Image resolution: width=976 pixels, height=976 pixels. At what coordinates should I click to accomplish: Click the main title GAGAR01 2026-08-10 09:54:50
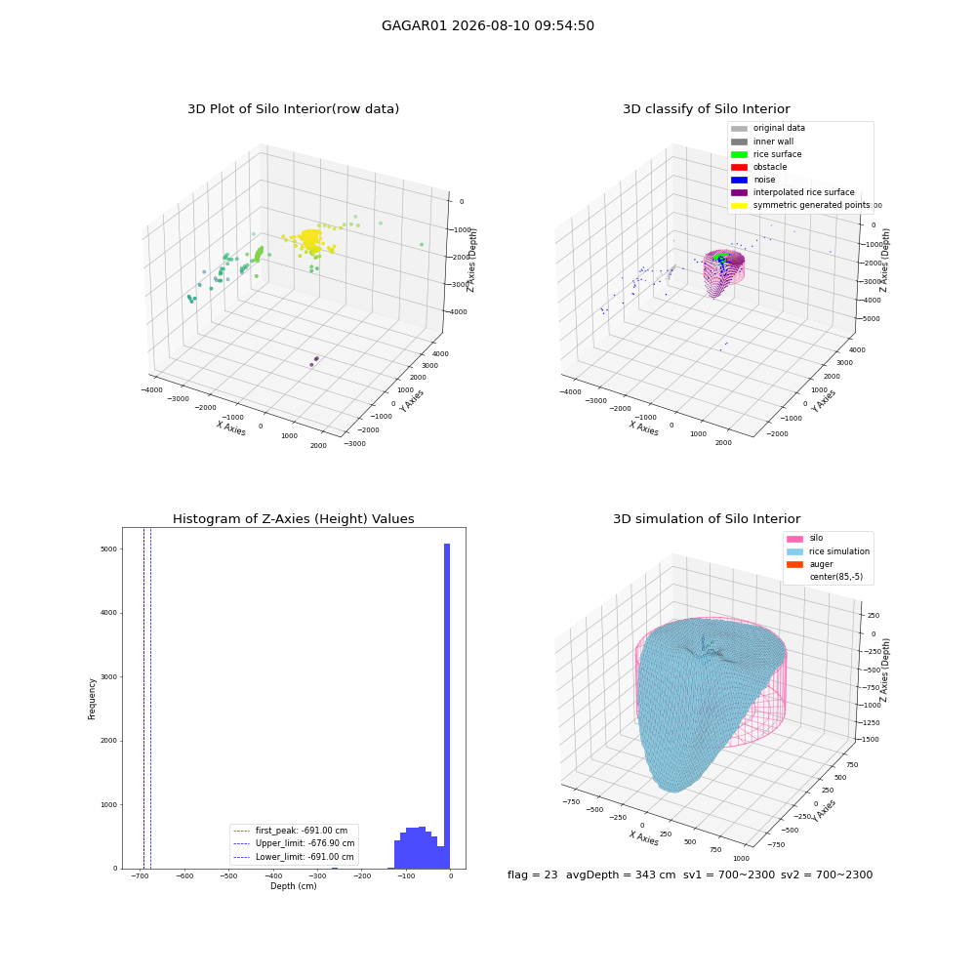[487, 25]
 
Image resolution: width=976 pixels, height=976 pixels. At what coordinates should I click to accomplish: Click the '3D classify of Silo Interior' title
[707, 109]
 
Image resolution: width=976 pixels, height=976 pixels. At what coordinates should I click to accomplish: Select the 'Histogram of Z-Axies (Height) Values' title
[293, 518]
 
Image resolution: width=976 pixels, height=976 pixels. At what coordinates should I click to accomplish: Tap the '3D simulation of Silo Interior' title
[707, 518]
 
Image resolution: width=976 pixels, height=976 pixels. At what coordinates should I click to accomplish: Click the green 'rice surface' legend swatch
[739, 154]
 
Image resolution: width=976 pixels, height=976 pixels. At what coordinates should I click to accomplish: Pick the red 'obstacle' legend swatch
[739, 167]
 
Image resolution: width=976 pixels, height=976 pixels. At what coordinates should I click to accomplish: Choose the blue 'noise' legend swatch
[739, 180]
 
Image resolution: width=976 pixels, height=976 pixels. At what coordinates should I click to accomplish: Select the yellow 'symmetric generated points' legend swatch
[739, 205]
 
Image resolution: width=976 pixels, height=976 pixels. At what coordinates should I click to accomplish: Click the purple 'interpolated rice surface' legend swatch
[739, 192]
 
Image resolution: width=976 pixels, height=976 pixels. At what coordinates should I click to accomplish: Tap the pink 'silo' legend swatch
[794, 539]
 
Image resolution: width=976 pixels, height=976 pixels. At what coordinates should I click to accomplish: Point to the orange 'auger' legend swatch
[794, 564]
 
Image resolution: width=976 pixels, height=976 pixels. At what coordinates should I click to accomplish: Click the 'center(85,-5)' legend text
[836, 577]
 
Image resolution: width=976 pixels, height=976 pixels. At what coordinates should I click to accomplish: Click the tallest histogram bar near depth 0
[447, 706]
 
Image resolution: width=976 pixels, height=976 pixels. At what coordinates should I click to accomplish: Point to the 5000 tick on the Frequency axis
[109, 549]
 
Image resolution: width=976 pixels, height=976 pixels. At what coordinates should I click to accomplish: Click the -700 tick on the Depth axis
[140, 875]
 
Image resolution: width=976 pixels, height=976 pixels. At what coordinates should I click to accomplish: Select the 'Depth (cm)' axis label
[293, 886]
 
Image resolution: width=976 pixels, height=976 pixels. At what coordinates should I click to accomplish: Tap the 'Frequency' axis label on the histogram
[92, 699]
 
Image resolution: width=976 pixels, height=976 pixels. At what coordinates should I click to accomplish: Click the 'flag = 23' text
[532, 874]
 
